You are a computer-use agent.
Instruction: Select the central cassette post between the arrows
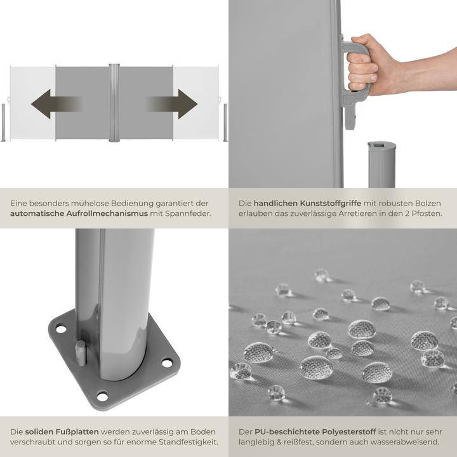coord(114,102)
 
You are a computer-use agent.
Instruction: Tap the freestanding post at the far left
coord(3,122)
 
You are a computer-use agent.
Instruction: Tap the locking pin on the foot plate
coord(81,352)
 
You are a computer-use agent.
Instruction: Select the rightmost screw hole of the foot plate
coord(167,362)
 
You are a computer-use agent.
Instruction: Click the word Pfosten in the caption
coord(426,214)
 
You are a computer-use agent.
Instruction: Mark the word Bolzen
coord(428,203)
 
